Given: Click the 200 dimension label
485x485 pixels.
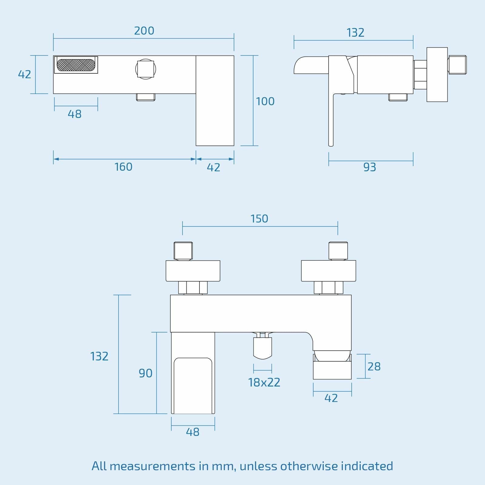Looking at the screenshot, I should click(x=144, y=31).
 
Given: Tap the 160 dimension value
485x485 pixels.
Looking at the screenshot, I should click(x=123, y=167).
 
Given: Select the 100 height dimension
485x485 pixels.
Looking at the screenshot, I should click(x=265, y=101).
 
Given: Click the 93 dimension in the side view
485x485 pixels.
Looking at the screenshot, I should click(x=370, y=167).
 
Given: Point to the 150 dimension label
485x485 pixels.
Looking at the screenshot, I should click(x=259, y=219).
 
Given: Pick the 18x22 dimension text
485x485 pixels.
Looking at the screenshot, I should click(x=264, y=383).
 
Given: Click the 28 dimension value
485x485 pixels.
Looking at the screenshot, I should click(x=374, y=367).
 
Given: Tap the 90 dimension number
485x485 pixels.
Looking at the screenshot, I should click(x=145, y=373).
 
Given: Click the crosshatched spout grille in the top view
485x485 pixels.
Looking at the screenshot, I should click(x=76, y=65).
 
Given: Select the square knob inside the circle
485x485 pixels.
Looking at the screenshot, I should click(x=145, y=69).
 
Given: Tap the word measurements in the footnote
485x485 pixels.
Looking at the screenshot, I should click(x=152, y=466).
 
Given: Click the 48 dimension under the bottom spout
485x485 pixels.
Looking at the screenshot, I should click(x=192, y=432).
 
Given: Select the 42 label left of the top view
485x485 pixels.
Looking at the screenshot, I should click(x=25, y=75).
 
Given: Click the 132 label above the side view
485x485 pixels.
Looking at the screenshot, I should click(x=355, y=33).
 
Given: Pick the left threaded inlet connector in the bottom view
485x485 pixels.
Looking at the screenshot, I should click(x=183, y=251).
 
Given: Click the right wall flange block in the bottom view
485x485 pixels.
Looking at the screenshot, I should click(x=328, y=271).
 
